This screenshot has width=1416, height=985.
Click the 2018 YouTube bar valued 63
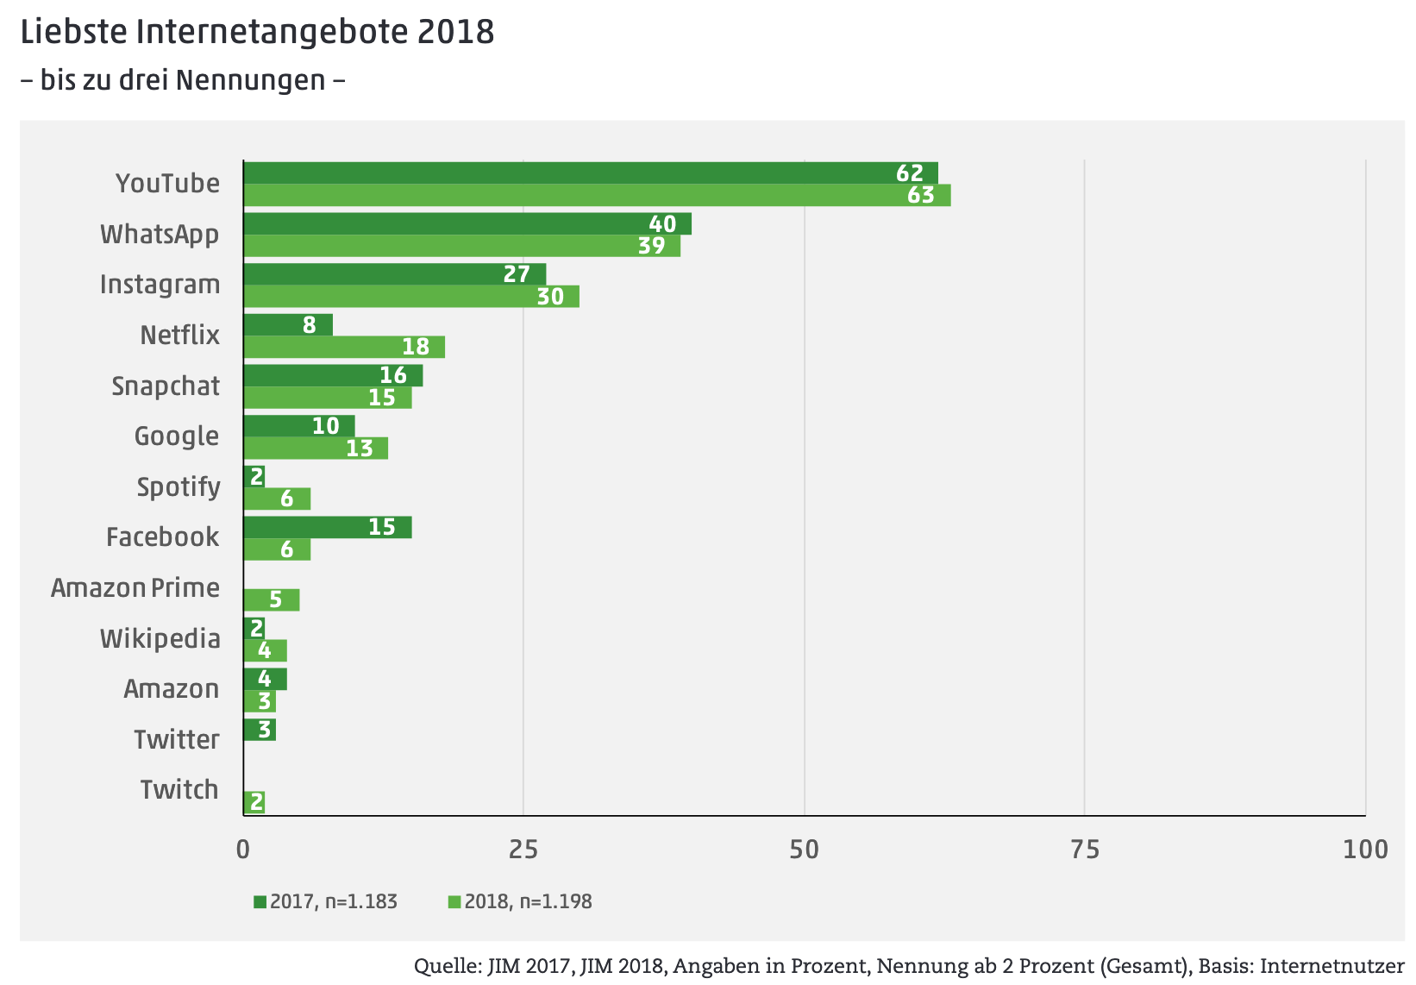(x=597, y=195)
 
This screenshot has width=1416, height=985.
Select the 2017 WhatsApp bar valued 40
(x=467, y=224)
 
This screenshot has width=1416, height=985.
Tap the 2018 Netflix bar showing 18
(x=344, y=347)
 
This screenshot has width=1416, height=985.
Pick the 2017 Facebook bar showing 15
(x=328, y=527)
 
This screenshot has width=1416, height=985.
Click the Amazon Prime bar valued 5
(x=272, y=599)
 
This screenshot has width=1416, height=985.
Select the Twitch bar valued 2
(x=254, y=802)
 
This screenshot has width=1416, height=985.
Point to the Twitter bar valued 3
(x=260, y=730)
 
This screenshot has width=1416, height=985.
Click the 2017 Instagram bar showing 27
(x=394, y=274)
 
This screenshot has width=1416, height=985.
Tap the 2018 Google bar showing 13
(x=316, y=449)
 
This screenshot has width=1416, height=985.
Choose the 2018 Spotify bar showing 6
(x=277, y=499)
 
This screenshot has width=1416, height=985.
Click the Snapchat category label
(x=166, y=386)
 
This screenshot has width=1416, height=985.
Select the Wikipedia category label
(x=160, y=638)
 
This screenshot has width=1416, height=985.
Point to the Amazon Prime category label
(x=135, y=588)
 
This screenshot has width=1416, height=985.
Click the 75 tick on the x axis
(x=1085, y=850)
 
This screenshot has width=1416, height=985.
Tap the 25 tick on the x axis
(x=523, y=850)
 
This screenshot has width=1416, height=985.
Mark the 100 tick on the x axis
(x=1365, y=850)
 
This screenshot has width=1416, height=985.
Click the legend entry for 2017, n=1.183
(x=325, y=902)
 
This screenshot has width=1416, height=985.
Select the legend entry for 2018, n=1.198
(x=520, y=902)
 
